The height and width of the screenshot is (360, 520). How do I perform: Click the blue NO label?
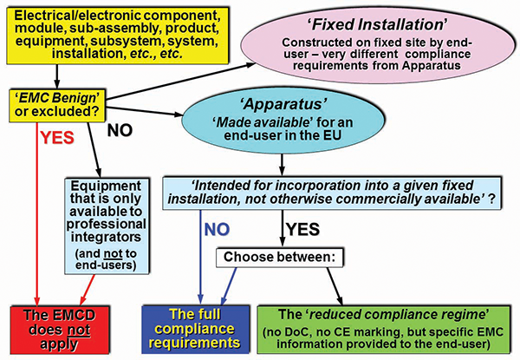pyautogui.click(x=211, y=231)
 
